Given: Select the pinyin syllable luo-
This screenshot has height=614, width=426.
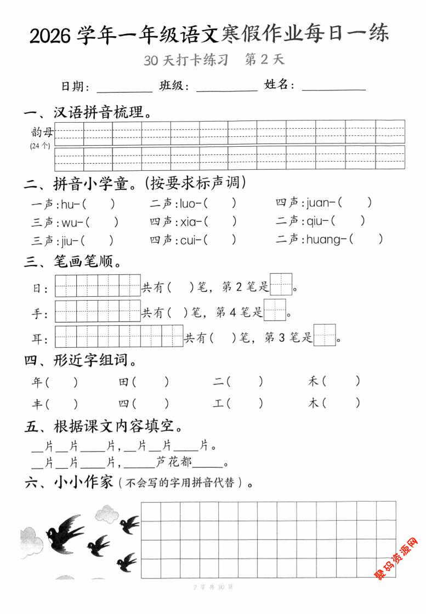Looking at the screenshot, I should pos(191,203).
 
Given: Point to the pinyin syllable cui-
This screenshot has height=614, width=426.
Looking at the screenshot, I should pos(192,239).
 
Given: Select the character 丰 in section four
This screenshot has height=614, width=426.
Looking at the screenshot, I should pos(37,404).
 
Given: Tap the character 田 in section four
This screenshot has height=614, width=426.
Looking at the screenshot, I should pos(124,382).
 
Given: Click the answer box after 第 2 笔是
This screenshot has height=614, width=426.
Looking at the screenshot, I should pos(281,285).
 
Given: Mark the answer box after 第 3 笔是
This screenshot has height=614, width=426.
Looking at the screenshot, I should pos(325,335).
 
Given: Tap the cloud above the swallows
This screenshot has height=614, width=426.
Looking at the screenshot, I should pos(107,514).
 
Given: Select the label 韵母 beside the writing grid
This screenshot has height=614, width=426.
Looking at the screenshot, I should pos(42,131).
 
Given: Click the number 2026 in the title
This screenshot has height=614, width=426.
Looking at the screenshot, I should pos(50,36).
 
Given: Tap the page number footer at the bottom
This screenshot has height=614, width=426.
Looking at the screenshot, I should pos(213,587).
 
